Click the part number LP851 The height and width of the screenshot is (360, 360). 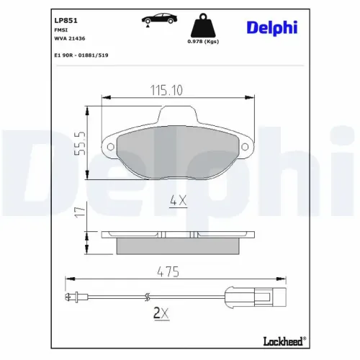[66, 19]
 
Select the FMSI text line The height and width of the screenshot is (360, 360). [60, 32]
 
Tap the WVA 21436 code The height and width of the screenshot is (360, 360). [68, 41]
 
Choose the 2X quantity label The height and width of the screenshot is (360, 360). [161, 314]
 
